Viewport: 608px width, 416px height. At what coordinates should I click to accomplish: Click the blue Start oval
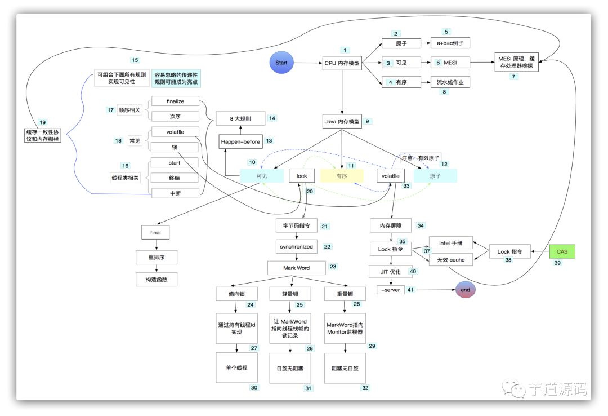pyautogui.click(x=281, y=63)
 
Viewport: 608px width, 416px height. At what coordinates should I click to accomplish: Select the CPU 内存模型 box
pyautogui.click(x=342, y=63)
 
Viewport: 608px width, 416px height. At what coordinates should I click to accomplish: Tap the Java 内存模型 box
pyautogui.click(x=342, y=121)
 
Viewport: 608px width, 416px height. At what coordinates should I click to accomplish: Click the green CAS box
pyautogui.click(x=562, y=251)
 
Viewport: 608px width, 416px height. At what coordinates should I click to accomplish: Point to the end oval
pyautogui.click(x=466, y=290)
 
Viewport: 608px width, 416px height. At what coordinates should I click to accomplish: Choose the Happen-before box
pyautogui.click(x=241, y=141)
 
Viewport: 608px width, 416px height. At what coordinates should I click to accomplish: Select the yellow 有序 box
pyautogui.click(x=341, y=176)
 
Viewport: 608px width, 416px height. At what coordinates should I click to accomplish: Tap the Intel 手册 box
pyautogui.click(x=451, y=244)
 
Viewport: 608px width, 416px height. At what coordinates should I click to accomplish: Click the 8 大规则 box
pyautogui.click(x=240, y=119)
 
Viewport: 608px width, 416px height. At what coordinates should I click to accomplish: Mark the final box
pyautogui.click(x=155, y=232)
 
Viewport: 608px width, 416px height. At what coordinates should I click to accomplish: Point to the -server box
pyautogui.click(x=391, y=290)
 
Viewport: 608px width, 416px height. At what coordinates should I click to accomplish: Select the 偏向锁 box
pyautogui.click(x=236, y=294)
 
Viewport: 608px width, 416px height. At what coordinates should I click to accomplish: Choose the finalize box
pyautogui.click(x=175, y=101)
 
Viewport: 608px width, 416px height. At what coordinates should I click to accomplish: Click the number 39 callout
pyautogui.click(x=557, y=263)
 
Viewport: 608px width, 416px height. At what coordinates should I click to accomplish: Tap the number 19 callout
pyautogui.click(x=42, y=122)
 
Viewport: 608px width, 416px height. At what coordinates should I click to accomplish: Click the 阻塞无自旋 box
pyautogui.click(x=345, y=367)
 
